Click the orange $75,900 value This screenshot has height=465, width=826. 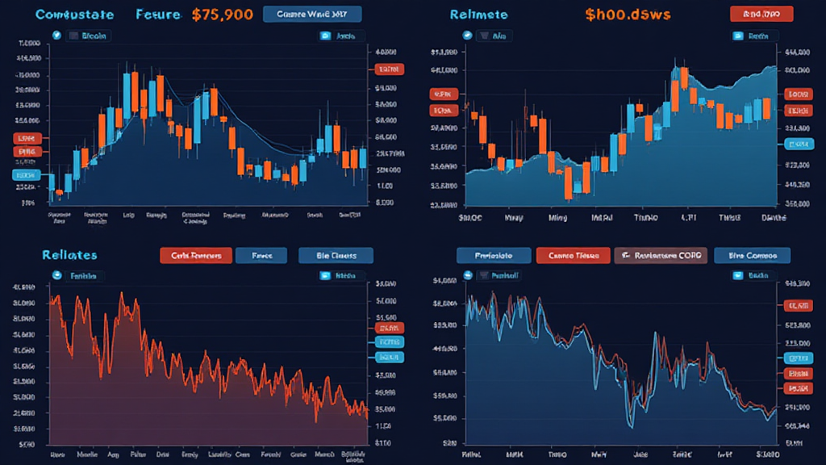pyautogui.click(x=223, y=15)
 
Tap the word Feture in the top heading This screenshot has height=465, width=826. pyautogui.click(x=158, y=15)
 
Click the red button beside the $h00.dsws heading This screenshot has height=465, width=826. pyautogui.click(x=761, y=14)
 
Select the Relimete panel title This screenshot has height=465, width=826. pyautogui.click(x=478, y=15)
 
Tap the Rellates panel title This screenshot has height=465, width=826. pyautogui.click(x=69, y=255)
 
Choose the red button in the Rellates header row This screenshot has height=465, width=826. pyautogui.click(x=196, y=255)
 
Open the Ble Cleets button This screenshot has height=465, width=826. pyautogui.click(x=336, y=255)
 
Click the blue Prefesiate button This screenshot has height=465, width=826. pyautogui.click(x=493, y=255)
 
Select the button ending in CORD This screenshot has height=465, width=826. pyautogui.click(x=660, y=255)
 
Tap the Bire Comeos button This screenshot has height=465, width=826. pyautogui.click(x=752, y=255)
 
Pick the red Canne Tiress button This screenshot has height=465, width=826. pyautogui.click(x=573, y=255)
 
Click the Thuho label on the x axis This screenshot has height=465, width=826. pyautogui.click(x=645, y=218)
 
